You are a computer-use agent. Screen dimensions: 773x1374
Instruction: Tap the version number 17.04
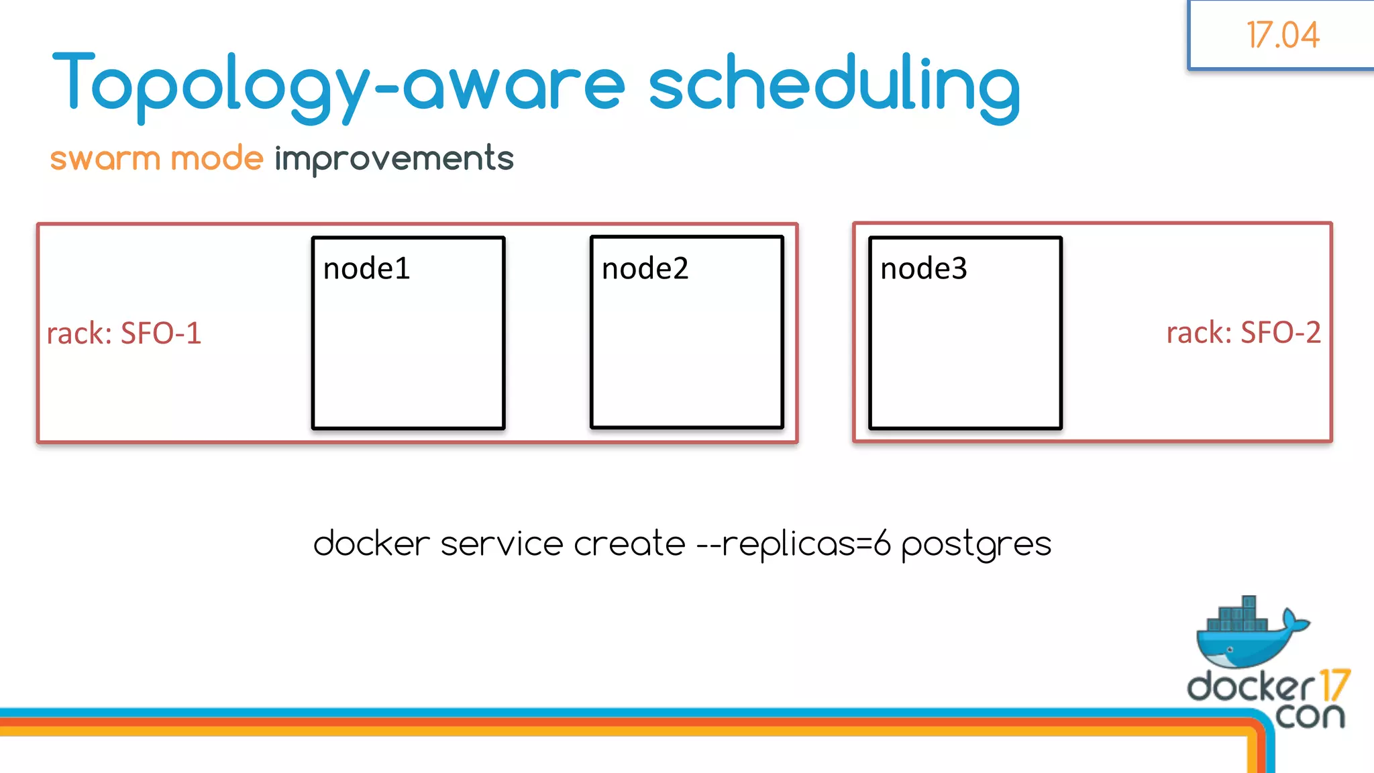1282,36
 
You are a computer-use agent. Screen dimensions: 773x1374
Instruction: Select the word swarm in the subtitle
105,159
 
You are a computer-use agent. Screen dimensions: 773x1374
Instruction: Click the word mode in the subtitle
217,159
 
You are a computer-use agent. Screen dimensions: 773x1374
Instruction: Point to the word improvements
394,160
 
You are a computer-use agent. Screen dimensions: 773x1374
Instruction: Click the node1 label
366,269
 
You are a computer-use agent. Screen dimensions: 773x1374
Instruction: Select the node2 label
645,269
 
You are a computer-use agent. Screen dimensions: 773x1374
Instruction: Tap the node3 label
923,269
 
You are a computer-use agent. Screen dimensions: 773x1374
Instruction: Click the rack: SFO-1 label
124,333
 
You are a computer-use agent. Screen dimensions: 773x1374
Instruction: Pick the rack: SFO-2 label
1243,333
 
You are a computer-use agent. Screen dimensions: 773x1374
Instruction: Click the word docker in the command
371,544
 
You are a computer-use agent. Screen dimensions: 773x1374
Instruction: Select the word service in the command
501,544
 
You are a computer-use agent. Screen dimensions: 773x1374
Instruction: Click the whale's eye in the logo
1230,650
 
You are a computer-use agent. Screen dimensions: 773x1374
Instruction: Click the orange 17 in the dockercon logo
1334,686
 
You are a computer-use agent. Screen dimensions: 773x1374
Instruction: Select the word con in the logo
1310,717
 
